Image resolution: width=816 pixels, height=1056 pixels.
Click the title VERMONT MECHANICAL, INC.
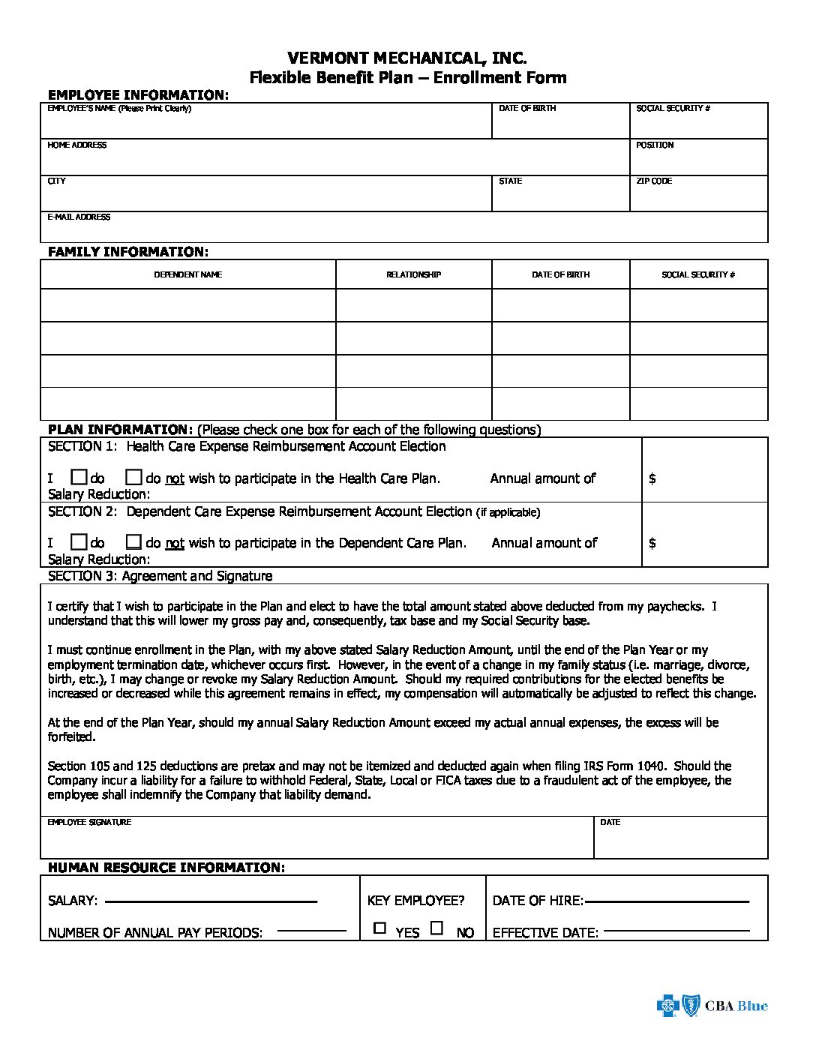[407, 58]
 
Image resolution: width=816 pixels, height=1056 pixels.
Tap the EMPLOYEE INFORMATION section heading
[136, 95]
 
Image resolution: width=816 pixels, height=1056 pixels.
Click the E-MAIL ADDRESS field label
[79, 217]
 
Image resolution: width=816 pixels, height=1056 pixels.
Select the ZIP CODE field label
[654, 181]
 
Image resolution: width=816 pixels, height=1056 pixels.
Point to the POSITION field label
[655, 145]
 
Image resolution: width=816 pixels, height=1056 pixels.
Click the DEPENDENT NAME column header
[187, 275]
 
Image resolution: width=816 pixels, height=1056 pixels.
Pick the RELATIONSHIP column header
[413, 275]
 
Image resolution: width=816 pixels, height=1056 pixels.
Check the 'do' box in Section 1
[79, 477]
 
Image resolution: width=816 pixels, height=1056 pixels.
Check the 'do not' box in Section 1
[133, 477]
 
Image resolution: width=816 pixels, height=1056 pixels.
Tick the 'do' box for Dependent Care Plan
[79, 541]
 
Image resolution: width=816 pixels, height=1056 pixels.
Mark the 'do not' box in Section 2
[133, 541]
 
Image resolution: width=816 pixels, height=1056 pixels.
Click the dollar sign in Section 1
[652, 478]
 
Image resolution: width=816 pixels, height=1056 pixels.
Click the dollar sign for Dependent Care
[652, 543]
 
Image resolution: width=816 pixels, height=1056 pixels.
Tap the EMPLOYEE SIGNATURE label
[89, 823]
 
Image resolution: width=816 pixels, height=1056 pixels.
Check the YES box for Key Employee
[380, 928]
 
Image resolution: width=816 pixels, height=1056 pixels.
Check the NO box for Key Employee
[436, 928]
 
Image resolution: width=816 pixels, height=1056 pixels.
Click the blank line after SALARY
[211, 901]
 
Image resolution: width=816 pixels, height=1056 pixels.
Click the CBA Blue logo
[712, 1006]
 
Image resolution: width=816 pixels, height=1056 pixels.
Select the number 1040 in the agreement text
[650, 766]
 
